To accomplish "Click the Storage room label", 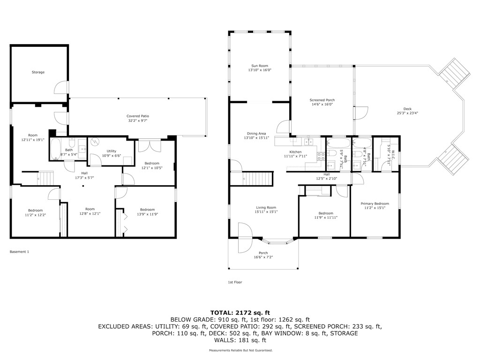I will point(38,72).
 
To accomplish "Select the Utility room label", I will point(111,151).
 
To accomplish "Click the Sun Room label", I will point(260,66).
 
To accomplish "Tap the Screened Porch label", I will point(322,100).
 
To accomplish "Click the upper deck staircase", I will point(454,75).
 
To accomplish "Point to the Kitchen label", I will point(295,152).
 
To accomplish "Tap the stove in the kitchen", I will point(322,157).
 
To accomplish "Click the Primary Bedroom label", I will point(375,203).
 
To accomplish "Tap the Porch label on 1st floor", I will point(263,253).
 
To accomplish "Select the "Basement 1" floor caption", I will point(19,252).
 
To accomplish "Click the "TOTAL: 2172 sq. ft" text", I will point(240,312).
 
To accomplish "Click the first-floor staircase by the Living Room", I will point(258,179).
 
